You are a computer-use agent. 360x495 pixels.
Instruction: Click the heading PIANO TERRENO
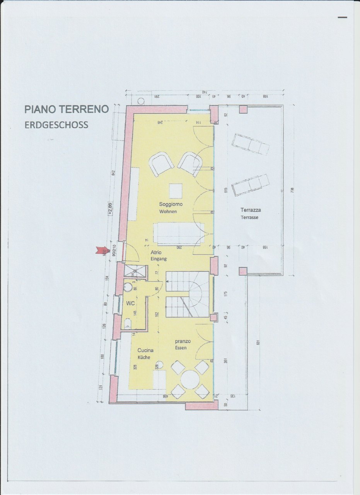point(67,109)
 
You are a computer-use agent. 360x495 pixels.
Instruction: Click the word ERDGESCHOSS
point(56,125)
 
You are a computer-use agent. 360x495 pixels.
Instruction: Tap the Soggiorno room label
point(171,204)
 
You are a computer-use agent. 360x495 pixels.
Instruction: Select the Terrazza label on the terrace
point(251,210)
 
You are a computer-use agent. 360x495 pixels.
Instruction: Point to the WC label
point(130,304)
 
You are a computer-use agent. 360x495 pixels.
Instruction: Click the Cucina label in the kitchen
point(145,350)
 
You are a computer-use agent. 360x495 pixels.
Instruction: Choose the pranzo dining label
point(181,341)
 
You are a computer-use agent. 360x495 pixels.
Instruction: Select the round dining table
point(190,379)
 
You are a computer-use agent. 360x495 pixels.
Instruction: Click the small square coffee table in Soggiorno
point(176,190)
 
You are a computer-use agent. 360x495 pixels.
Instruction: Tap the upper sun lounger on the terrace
point(250,144)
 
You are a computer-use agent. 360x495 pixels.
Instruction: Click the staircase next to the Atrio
point(188,294)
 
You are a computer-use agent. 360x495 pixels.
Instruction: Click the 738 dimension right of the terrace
point(292,190)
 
